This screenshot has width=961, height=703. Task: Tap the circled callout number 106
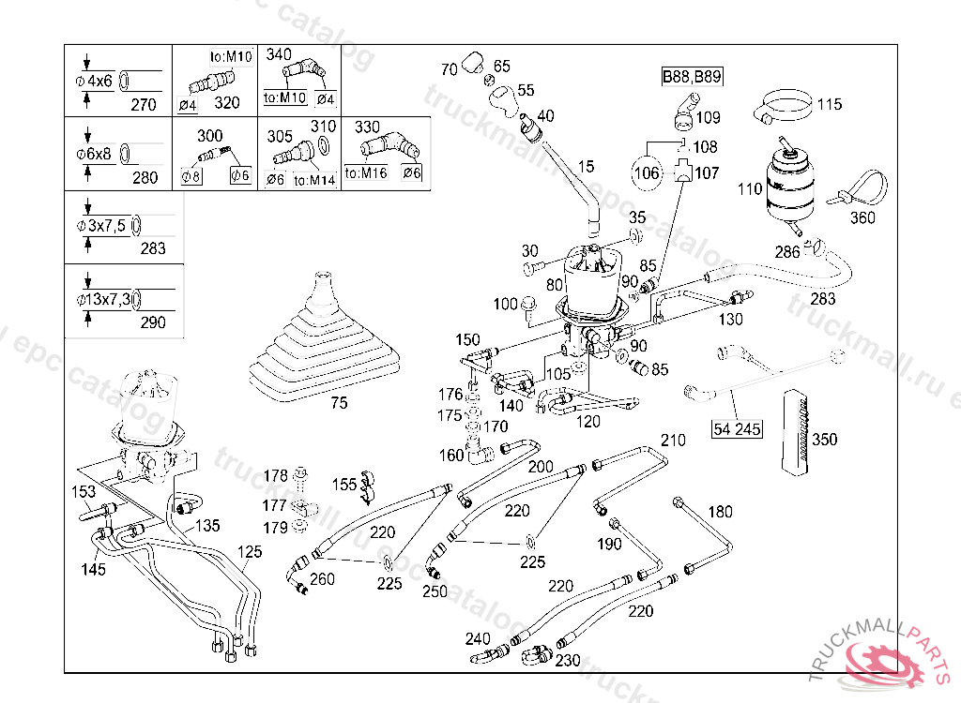tap(648, 172)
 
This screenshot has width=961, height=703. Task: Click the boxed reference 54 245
tap(737, 429)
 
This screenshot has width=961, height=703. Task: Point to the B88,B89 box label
tap(692, 77)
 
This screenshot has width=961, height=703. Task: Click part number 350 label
tap(825, 440)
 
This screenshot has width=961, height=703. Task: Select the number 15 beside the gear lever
tap(586, 167)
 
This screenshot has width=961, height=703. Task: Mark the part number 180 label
tap(720, 512)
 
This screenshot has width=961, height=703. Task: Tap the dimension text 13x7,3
tap(108, 299)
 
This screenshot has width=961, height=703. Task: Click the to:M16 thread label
tap(365, 172)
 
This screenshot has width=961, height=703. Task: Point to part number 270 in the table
tap(144, 105)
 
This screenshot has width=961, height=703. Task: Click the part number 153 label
tap(84, 491)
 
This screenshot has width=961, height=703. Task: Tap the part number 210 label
tap(673, 440)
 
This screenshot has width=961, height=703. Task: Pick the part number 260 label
tap(322, 579)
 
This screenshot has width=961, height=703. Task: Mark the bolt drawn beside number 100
tap(528, 306)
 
